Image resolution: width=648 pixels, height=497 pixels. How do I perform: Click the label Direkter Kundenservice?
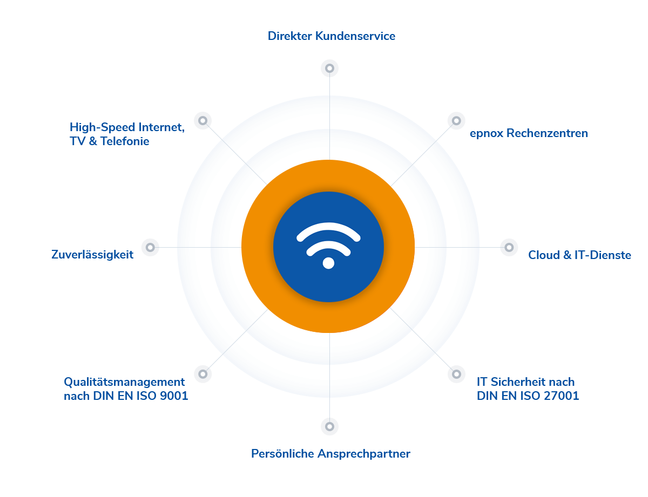(x=332, y=36)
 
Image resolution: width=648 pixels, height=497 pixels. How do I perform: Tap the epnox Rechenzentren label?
(x=528, y=133)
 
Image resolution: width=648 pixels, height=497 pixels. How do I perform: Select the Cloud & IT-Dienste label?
(x=579, y=255)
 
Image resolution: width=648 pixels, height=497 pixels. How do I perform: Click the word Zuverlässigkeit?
(x=92, y=255)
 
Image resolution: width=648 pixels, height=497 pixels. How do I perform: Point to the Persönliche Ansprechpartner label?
(x=330, y=454)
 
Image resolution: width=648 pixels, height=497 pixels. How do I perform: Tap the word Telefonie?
(x=123, y=141)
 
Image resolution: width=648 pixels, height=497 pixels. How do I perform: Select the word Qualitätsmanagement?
(x=124, y=382)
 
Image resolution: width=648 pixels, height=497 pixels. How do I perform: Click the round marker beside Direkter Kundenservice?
(x=329, y=68)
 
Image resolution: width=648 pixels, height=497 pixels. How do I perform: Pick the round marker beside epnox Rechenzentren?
(x=456, y=120)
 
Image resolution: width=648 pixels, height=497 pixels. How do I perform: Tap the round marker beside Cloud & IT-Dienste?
(x=509, y=247)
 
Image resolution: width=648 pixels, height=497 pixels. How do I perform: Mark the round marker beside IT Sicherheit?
(x=456, y=373)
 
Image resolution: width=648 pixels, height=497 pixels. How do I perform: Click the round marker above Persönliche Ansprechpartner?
(x=329, y=426)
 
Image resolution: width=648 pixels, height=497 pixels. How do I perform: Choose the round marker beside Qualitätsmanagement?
(x=202, y=373)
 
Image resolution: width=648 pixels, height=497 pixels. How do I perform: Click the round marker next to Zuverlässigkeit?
(x=150, y=247)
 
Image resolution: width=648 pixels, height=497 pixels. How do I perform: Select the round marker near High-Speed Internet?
(x=202, y=120)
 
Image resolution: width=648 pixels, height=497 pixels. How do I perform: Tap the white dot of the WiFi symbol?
(x=328, y=263)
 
